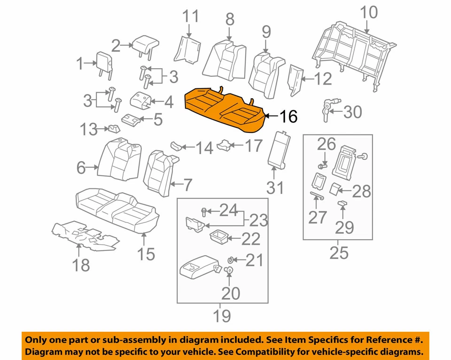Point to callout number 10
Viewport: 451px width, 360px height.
click(369, 12)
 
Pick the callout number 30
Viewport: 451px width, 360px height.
click(352, 112)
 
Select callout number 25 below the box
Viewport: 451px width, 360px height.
click(339, 252)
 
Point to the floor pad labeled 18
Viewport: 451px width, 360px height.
click(85, 234)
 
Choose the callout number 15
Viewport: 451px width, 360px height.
click(146, 254)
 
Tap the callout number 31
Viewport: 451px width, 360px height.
click(275, 188)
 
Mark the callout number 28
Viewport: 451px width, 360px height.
click(361, 191)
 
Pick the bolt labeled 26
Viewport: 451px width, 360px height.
click(323, 165)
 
